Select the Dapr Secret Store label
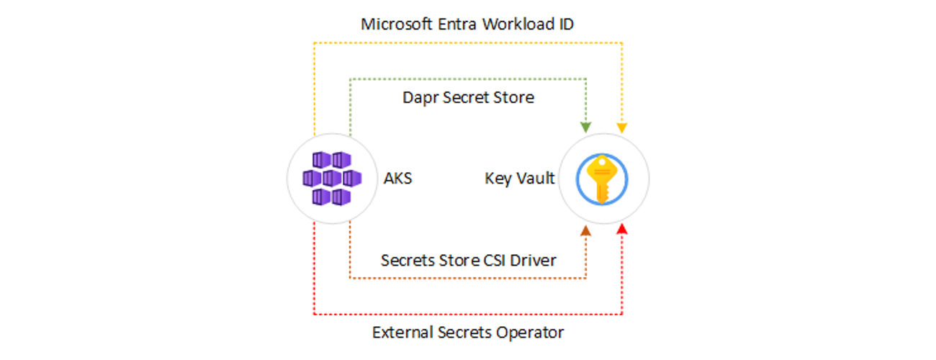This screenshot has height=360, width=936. (x=468, y=97)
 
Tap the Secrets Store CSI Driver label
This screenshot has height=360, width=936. (x=468, y=260)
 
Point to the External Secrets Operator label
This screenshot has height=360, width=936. (x=468, y=333)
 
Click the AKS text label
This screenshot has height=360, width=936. (x=398, y=178)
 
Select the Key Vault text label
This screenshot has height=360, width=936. (x=520, y=178)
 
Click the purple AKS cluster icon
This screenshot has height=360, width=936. (x=331, y=178)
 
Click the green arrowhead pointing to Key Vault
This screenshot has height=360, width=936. (x=586, y=127)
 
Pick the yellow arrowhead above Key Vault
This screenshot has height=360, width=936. (x=622, y=127)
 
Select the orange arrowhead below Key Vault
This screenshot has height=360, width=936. (x=586, y=230)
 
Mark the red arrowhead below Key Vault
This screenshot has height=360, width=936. (x=622, y=229)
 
